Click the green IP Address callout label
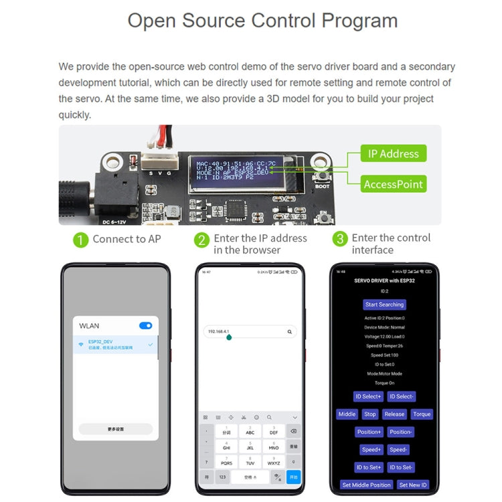pos(393,153)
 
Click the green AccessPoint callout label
pos(393,184)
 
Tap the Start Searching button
pos(384,305)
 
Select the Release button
pos(394,414)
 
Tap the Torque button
pos(422,414)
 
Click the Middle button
pos(347,414)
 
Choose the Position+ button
pos(369,432)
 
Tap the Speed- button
pos(399,450)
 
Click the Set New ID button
pos(413,485)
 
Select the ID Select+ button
pos(368,396)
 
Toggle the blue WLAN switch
pos(145,326)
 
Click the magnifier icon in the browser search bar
pos(289,331)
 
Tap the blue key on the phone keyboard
pos(293,477)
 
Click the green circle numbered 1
pos(80,240)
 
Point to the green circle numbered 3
pos(340,239)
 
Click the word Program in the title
pos(359,20)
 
